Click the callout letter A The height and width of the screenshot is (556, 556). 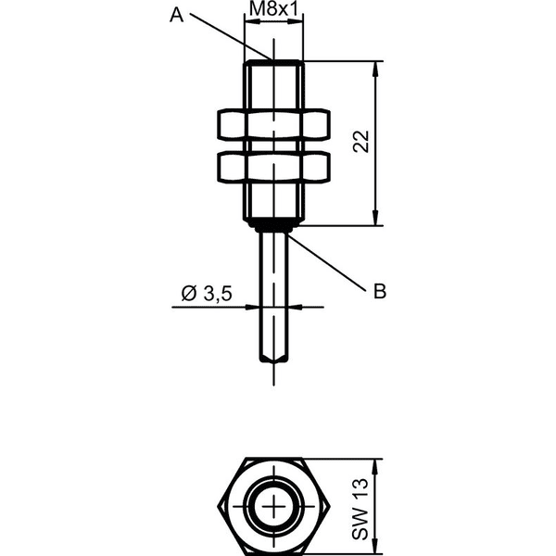tap(176, 16)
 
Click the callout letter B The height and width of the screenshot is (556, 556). tap(380, 292)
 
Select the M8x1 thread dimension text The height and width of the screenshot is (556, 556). tap(273, 9)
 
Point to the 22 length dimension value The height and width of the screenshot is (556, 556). tap(361, 142)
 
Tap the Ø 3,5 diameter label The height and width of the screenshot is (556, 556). tap(207, 294)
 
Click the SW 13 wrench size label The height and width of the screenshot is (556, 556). tap(360, 509)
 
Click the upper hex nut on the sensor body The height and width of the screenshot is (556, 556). tap(273, 124)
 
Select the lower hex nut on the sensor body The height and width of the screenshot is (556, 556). tap(273, 167)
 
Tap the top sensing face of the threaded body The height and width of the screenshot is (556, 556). tap(273, 62)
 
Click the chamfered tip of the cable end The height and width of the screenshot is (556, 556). tap(273, 358)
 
